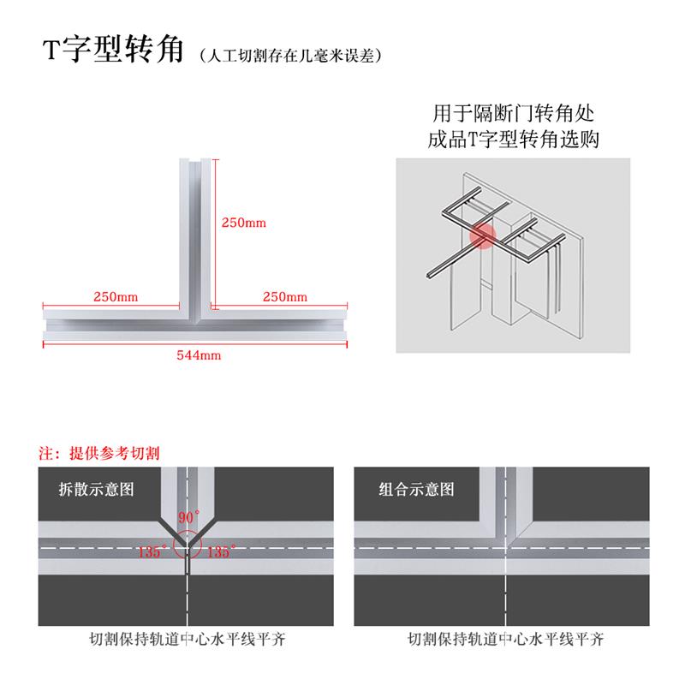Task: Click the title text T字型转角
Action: pyautogui.click(x=113, y=51)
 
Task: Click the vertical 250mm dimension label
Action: pyautogui.click(x=244, y=223)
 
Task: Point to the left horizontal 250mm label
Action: pyautogui.click(x=116, y=297)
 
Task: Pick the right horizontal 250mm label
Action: pyautogui.click(x=284, y=297)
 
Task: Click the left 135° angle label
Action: pyautogui.click(x=150, y=552)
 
